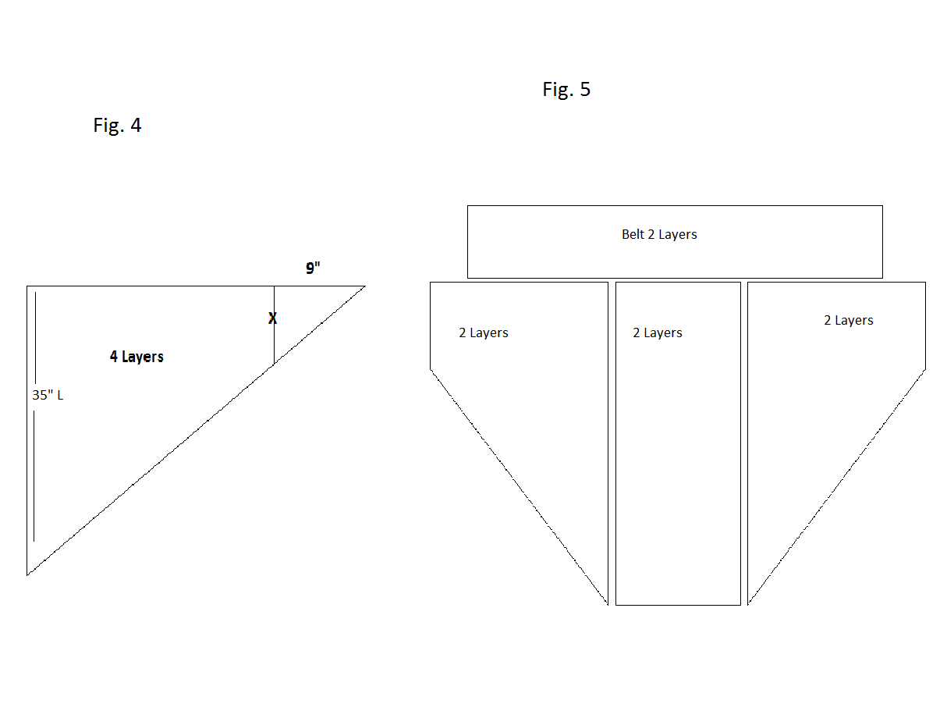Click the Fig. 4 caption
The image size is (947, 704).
(117, 125)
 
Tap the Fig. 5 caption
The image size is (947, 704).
(566, 90)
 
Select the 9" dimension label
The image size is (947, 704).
(313, 268)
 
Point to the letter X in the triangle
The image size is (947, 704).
(273, 318)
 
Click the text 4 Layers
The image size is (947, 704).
(137, 357)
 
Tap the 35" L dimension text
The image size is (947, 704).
(48, 395)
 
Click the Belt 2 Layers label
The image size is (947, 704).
(659, 234)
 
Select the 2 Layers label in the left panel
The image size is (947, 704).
(484, 332)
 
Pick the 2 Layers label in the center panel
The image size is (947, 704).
(658, 332)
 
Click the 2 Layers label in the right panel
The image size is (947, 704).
(849, 320)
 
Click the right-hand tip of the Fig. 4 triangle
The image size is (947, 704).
(364, 286)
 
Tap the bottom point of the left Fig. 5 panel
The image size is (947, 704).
(607, 603)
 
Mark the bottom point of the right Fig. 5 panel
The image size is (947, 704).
(748, 603)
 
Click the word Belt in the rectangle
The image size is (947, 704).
(633, 234)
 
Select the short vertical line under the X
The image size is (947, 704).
(274, 343)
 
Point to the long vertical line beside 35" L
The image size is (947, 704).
(34, 468)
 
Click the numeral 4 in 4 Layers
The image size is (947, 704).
(114, 357)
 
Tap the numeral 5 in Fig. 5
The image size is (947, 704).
(585, 90)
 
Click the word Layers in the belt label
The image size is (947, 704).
(678, 234)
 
